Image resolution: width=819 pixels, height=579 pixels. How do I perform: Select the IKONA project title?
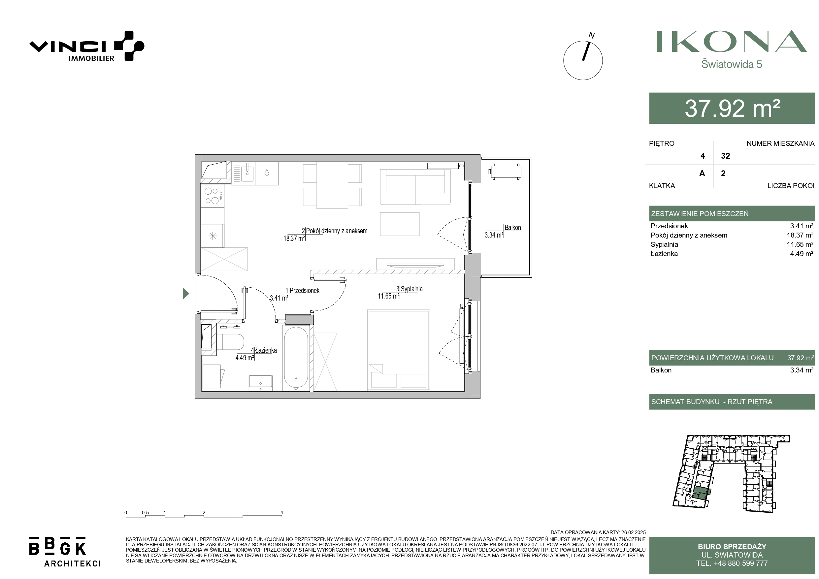click(x=732, y=41)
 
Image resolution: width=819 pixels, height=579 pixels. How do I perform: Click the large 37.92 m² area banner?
click(x=732, y=108)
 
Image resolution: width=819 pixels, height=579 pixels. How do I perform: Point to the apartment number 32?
click(x=726, y=156)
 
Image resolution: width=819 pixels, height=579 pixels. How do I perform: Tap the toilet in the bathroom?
click(x=230, y=342)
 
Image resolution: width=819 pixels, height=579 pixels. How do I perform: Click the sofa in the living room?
click(x=415, y=187)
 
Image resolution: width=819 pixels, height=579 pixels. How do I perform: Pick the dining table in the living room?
click(x=333, y=185)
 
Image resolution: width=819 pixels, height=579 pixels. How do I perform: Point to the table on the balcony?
click(x=505, y=172)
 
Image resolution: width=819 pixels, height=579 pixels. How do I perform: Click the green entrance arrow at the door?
click(x=185, y=293)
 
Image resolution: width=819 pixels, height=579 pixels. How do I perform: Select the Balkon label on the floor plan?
click(x=512, y=228)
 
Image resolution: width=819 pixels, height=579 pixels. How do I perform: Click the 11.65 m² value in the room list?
click(x=800, y=244)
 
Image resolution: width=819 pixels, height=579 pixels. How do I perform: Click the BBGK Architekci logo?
click(x=65, y=552)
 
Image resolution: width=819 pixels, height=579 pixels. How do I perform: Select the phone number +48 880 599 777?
click(x=740, y=563)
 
